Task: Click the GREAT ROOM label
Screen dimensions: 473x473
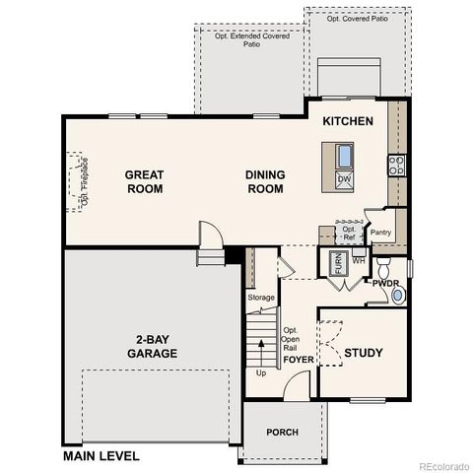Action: pos(144,181)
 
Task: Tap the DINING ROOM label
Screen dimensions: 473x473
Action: pos(265,181)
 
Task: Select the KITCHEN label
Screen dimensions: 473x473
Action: pos(348,121)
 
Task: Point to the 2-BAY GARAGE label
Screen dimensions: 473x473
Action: pos(151,346)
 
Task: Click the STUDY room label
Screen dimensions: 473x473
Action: pos(363,353)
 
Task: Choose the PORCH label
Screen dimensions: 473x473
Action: pos(282,433)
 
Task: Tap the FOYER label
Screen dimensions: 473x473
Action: pos(299,360)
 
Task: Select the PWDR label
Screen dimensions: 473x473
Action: pos(385,283)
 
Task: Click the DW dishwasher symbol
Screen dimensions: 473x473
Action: pos(344,179)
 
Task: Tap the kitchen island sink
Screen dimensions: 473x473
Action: pos(344,156)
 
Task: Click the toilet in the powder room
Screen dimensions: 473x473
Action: pos(384,267)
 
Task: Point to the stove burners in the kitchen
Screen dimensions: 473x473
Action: pos(396,165)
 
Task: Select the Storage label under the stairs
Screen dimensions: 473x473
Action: pos(261,297)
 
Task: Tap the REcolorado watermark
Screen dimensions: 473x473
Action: pos(443,466)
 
